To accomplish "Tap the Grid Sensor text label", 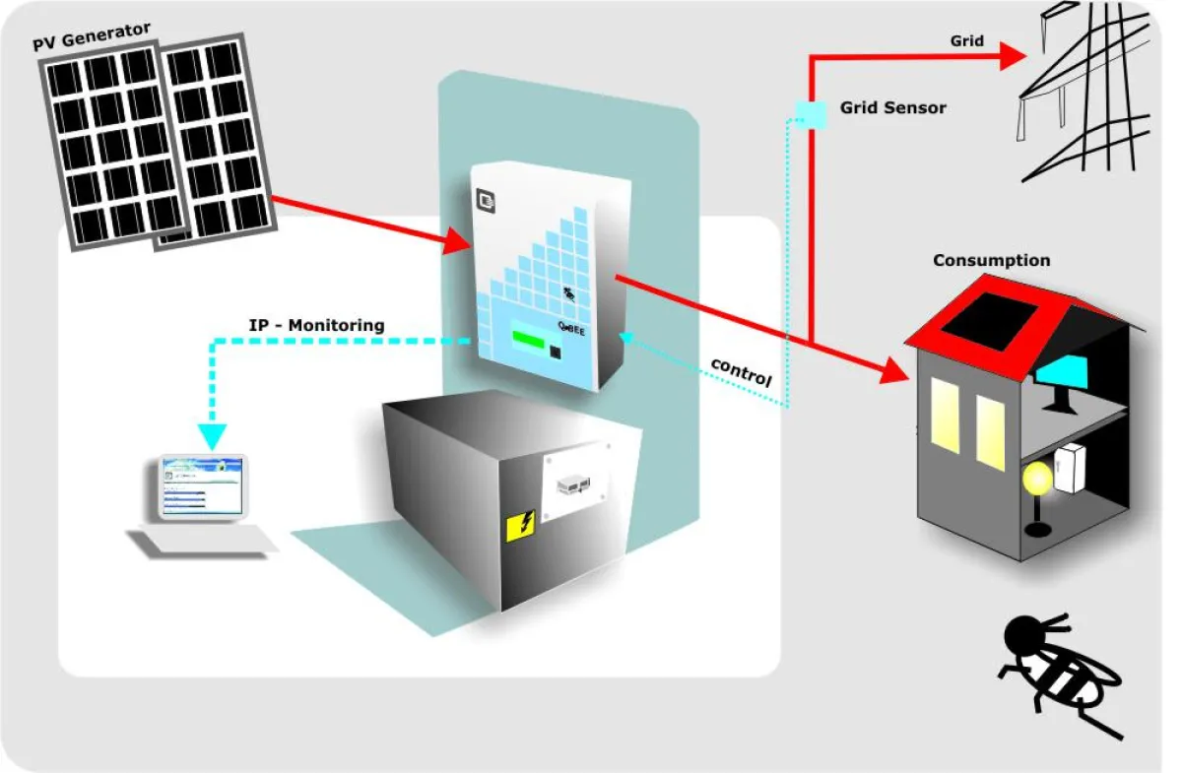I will [892, 107].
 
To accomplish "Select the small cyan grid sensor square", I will [812, 115].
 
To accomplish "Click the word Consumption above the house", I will [991, 261].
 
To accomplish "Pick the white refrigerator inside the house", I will [1070, 469].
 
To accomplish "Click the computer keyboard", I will [202, 541].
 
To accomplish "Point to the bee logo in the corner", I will [1063, 673].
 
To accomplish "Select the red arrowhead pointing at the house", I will [892, 370].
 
